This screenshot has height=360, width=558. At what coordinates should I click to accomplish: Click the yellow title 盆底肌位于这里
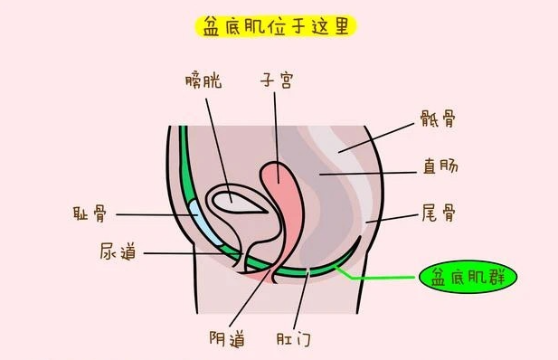point(276,26)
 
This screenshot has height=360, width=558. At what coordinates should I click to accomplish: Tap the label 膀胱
point(203,81)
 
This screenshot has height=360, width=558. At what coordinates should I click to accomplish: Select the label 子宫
point(277,80)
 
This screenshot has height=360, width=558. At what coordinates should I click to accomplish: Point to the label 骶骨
point(438,118)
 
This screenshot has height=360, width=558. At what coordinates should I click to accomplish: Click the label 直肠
point(440,166)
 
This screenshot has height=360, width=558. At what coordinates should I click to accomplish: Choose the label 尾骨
point(439,213)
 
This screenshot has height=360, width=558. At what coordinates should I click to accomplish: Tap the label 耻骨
point(90,213)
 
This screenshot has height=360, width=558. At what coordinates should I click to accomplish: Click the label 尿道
point(118,251)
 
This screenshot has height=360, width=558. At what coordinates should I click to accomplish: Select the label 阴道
point(227,338)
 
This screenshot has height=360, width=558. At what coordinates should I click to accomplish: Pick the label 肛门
point(294,338)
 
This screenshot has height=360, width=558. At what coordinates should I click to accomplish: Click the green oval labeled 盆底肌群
point(468,277)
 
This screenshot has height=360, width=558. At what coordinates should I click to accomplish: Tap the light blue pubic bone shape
point(204,223)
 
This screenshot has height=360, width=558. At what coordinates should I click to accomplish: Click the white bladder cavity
point(238,203)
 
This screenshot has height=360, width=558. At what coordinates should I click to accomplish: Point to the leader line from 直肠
point(368,174)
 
